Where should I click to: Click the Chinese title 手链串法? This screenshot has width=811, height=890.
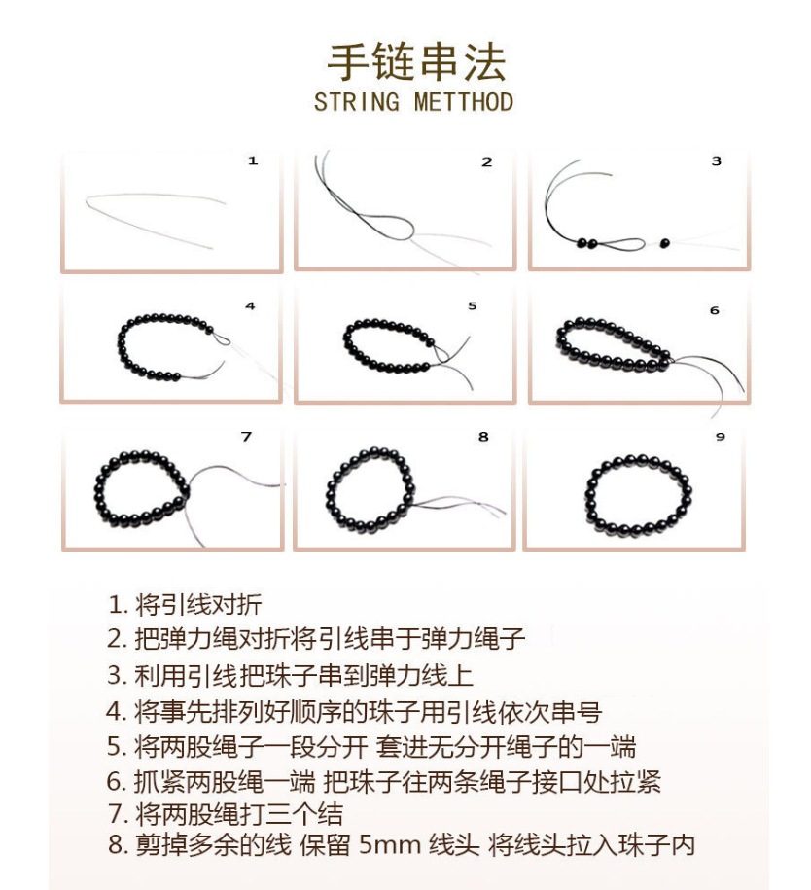tap(415, 62)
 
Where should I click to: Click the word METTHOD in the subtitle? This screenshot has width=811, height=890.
tap(464, 101)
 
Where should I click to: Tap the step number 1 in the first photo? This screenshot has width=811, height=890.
tap(253, 160)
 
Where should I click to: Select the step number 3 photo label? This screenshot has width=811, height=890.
tap(717, 160)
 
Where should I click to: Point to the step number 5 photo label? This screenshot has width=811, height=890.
tap(473, 305)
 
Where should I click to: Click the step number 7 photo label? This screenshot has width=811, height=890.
tap(246, 437)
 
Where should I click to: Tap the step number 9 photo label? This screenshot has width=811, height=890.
tap(721, 437)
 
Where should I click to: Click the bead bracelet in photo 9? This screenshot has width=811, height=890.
tap(639, 492)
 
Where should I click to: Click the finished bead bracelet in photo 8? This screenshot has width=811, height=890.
tap(370, 489)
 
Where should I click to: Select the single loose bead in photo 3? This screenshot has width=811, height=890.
tap(666, 241)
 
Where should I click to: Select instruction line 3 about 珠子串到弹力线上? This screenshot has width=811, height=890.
tap(290, 675)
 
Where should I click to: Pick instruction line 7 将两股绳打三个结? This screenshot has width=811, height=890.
tap(225, 813)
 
